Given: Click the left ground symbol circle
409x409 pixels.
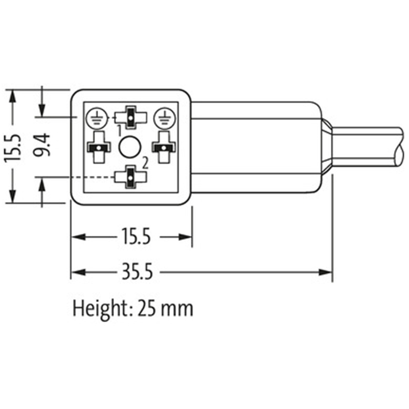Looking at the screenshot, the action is [97, 119].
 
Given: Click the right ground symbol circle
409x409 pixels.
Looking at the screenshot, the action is [164, 119].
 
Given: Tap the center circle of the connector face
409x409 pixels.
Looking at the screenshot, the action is [130, 147].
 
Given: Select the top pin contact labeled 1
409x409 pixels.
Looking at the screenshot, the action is [130, 118].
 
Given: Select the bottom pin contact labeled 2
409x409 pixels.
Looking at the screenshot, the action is [130, 177].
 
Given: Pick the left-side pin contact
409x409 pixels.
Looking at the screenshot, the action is [99, 147].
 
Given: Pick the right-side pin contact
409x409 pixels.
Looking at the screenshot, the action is [164, 147].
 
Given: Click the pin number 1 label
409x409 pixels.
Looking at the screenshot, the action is [120, 131].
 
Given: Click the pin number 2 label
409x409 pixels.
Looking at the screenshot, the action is [145, 163].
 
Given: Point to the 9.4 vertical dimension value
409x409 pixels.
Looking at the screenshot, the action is [42, 145].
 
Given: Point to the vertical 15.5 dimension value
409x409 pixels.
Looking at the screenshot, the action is [12, 148].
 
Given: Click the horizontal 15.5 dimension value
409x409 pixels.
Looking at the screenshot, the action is [137, 237].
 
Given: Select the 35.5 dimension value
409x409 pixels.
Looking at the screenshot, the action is [137, 272].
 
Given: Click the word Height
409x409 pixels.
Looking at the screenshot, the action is [98, 309].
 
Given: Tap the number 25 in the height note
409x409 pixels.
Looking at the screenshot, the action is [147, 309].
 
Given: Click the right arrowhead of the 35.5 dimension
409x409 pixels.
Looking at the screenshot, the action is [326, 272].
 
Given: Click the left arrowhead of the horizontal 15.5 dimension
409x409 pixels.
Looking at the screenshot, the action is [78, 237].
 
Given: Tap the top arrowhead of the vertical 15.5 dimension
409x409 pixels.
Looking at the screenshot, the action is [12, 96].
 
